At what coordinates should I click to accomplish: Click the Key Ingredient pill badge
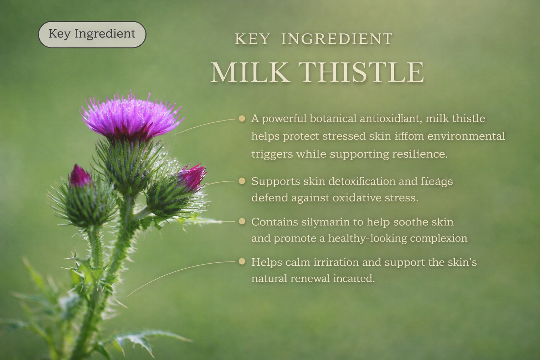click(x=92, y=34)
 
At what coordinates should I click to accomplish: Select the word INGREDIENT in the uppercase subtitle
click(x=337, y=39)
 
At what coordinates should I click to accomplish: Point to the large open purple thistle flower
click(x=131, y=116)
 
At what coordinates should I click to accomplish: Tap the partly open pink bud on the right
click(x=192, y=176)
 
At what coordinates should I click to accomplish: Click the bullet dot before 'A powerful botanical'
click(x=242, y=118)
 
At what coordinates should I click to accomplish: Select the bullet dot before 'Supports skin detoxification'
click(x=242, y=181)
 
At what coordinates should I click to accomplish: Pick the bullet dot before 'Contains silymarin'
click(x=242, y=221)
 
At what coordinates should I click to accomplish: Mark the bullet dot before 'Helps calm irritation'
click(x=242, y=262)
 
